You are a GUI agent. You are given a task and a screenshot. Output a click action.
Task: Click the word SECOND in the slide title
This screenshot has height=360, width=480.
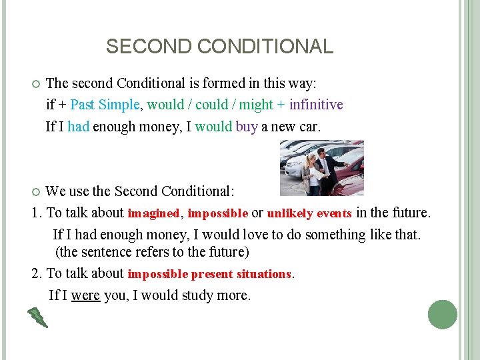tap(137, 47)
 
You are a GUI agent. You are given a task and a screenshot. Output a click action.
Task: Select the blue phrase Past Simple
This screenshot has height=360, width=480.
tap(105, 105)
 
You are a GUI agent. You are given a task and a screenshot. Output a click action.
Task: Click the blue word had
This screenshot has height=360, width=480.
tap(78, 126)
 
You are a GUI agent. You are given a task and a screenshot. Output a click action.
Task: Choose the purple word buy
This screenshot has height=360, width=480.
tap(247, 126)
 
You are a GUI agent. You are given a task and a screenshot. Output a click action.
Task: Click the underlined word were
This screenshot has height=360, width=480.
tap(85, 295)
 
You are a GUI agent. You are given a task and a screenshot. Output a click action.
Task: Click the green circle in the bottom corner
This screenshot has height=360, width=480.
tap(443, 315)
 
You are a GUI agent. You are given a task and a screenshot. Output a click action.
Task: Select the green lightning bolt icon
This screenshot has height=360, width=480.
tap(37, 318)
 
